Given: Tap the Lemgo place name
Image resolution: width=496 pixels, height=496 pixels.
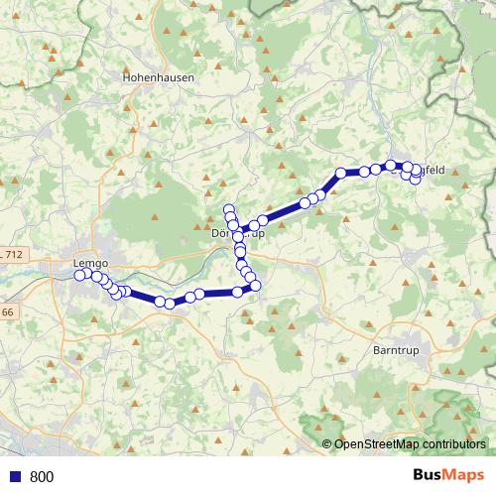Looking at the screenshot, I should pos(89,263).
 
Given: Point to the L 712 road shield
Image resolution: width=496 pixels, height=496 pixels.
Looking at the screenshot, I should pos(11,255).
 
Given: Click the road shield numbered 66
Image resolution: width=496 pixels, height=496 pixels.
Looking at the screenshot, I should pos(7,313).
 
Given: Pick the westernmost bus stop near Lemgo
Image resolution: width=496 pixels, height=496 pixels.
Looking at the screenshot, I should pos(79,275).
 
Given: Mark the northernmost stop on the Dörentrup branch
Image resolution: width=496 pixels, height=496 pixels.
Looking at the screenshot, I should pos(228,208).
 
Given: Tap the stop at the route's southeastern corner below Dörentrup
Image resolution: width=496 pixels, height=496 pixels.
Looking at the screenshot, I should pos(255,286).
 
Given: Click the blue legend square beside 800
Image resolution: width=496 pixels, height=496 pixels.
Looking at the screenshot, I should pos(14,476).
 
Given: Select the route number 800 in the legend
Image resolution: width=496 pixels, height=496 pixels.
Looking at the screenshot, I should pos(42,476).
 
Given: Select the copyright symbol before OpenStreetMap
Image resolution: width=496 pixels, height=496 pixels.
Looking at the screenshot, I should pos(326,444).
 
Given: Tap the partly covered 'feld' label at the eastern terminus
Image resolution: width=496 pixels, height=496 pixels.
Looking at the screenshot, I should pos(429,170).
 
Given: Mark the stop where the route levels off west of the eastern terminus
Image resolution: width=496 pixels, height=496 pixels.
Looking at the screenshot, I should pos(340,173).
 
